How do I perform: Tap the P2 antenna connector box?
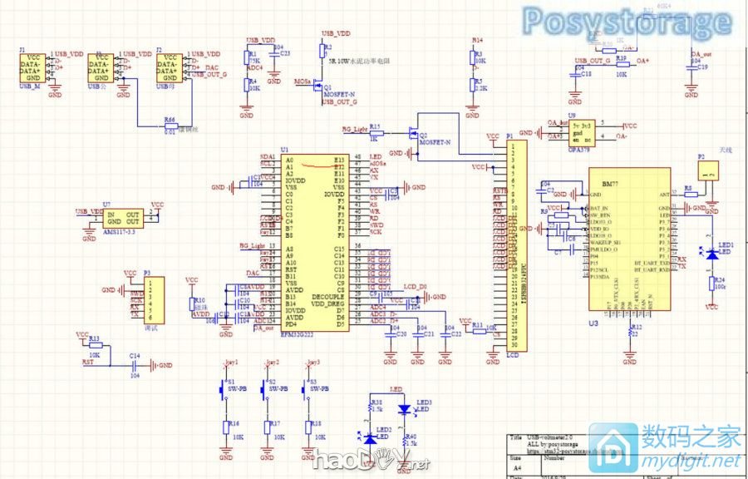pyautogui.click(x=708, y=171)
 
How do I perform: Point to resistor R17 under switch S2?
pyautogui.click(x=268, y=427)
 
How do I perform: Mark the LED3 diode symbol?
pyautogui.click(x=404, y=409)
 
